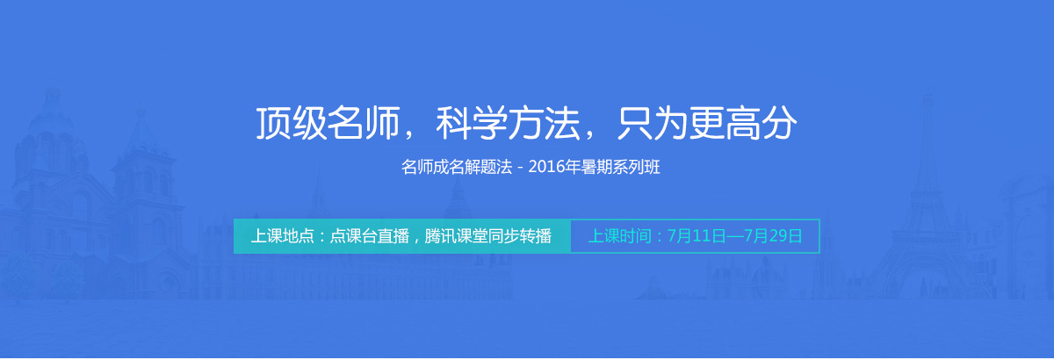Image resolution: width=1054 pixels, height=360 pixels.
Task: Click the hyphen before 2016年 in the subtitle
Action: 519,168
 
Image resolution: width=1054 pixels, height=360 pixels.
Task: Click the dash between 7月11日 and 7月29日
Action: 734,236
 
